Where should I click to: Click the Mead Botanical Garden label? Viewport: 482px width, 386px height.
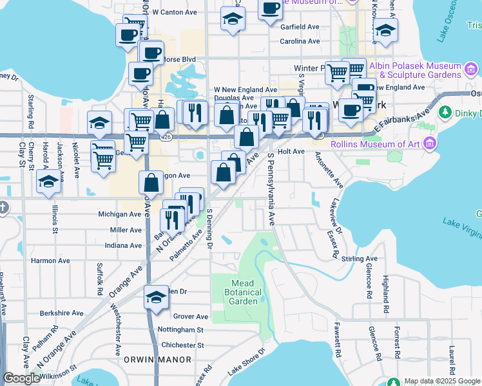[244, 292]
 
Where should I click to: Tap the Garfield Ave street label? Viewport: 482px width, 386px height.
[300, 27]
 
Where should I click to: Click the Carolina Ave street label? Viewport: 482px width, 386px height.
[300, 41]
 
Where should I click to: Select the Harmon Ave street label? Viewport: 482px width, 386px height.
[50, 261]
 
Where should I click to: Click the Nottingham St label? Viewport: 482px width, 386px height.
[180, 329]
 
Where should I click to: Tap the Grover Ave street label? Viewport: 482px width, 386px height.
[191, 317]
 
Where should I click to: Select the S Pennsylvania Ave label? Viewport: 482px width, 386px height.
[271, 188]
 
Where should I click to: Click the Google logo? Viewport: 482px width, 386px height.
[21, 378]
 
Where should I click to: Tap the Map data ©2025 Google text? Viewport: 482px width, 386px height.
[442, 381]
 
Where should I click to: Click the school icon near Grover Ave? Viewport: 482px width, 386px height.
[156, 297]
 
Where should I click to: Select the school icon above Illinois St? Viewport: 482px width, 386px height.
[48, 182]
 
